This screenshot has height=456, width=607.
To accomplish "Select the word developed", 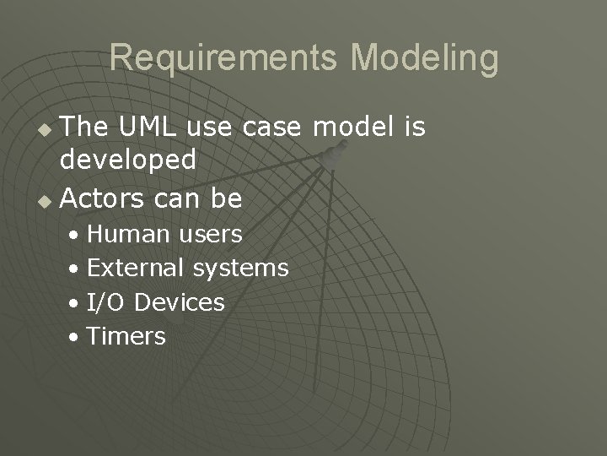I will [x=129, y=160].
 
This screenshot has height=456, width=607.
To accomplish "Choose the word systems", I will [x=240, y=269].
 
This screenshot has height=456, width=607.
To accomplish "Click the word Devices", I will [x=180, y=302].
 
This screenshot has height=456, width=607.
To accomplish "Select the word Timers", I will [x=126, y=336].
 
